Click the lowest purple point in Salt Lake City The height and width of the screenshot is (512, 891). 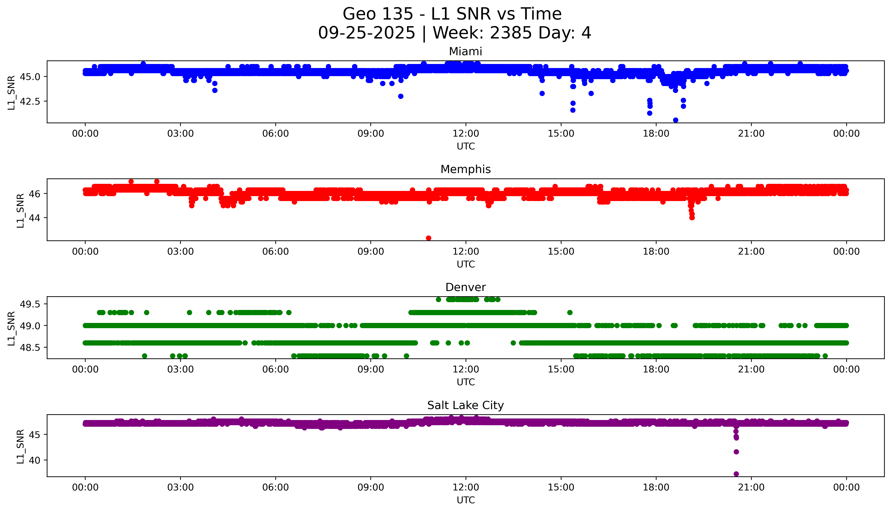click(736, 474)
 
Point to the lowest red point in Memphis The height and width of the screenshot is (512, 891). click(428, 238)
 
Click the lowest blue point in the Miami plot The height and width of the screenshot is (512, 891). click(675, 120)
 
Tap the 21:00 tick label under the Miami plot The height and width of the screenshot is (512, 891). click(751, 134)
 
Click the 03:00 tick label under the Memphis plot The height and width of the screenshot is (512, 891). click(180, 251)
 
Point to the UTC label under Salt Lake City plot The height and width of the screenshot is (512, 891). click(466, 500)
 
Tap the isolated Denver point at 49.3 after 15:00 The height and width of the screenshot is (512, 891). click(570, 312)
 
